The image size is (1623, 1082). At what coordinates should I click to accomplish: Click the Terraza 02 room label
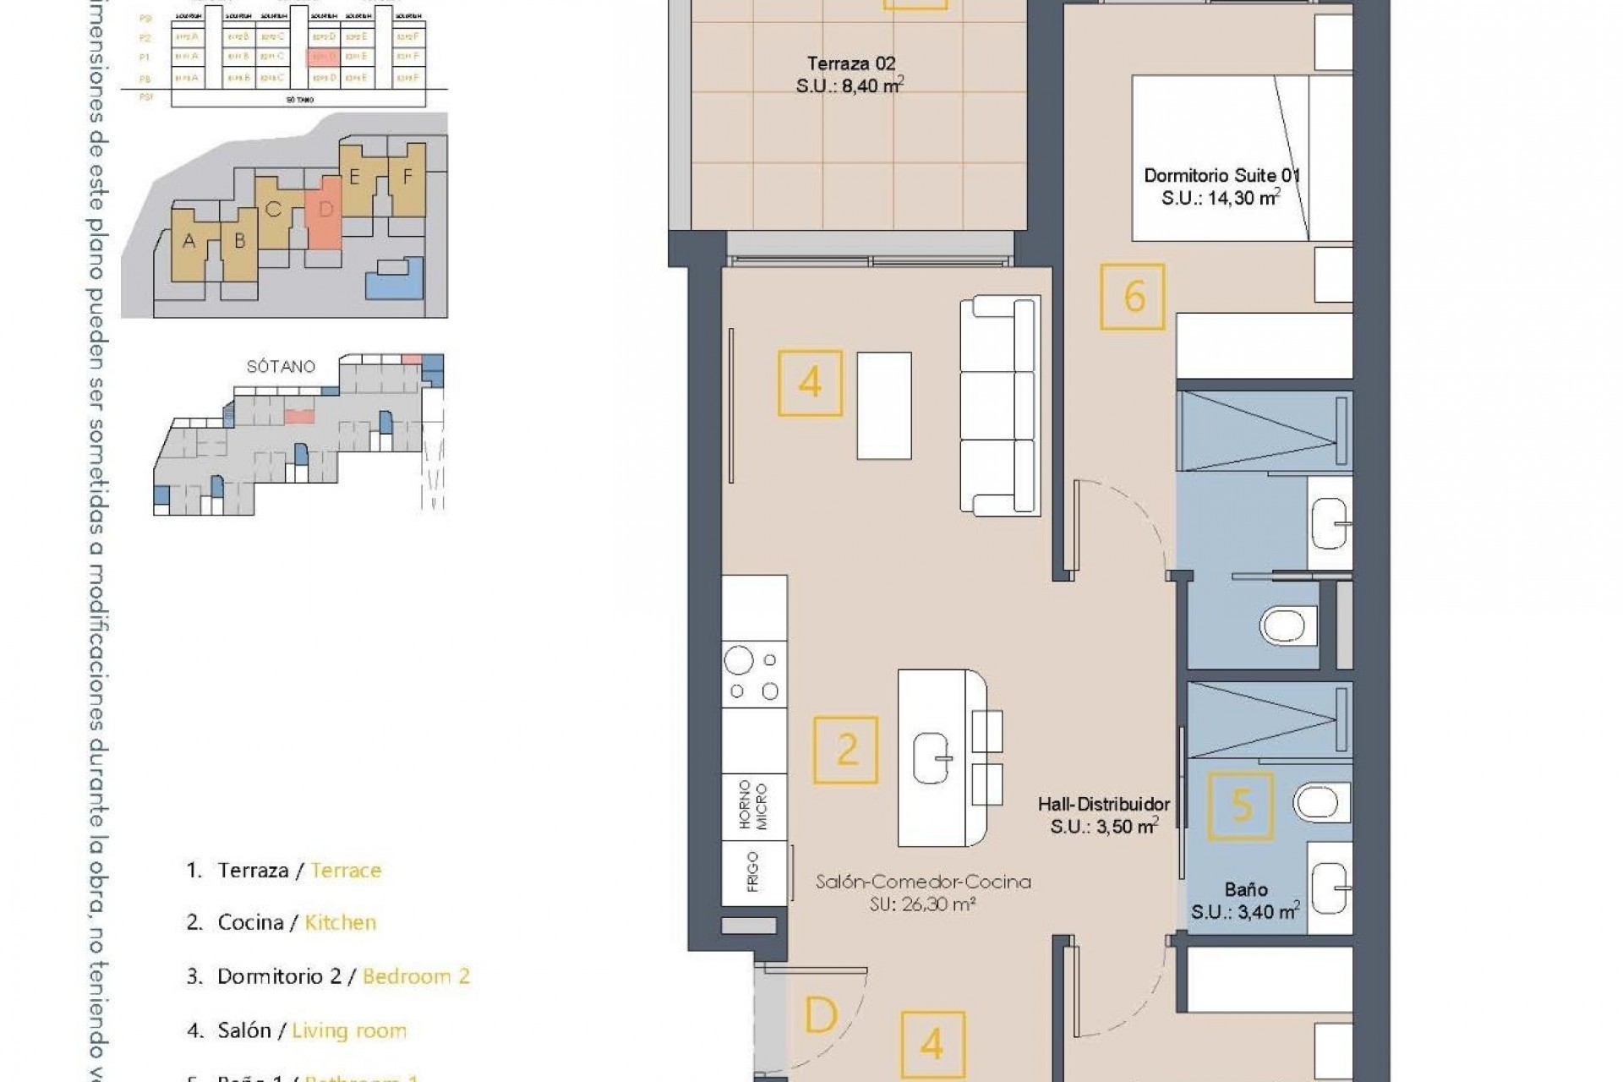[850, 74]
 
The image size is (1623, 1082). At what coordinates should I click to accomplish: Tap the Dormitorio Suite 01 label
[1221, 187]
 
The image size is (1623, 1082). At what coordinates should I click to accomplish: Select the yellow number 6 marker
[1133, 297]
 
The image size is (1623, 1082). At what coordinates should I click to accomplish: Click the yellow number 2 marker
[846, 750]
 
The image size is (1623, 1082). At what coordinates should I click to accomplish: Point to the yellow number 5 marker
[1241, 806]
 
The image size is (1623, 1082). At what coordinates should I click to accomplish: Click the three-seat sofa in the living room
[1000, 405]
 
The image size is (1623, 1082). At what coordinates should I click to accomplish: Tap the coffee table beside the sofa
[884, 406]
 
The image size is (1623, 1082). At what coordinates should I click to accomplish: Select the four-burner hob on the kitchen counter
[754, 674]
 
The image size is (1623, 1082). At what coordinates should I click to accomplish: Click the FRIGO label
[753, 872]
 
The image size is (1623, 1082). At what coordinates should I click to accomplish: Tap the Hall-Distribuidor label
[1104, 816]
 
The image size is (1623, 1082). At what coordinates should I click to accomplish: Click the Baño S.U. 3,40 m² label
[1245, 901]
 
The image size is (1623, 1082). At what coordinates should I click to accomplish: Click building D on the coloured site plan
[325, 211]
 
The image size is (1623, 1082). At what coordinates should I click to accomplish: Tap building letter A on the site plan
[189, 242]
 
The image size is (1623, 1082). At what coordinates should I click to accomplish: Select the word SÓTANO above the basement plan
[281, 367]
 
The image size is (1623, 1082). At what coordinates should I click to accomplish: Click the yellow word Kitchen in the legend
[340, 922]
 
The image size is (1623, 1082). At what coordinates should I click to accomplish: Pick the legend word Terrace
[346, 870]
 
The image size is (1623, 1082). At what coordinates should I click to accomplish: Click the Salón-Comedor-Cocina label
[923, 893]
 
